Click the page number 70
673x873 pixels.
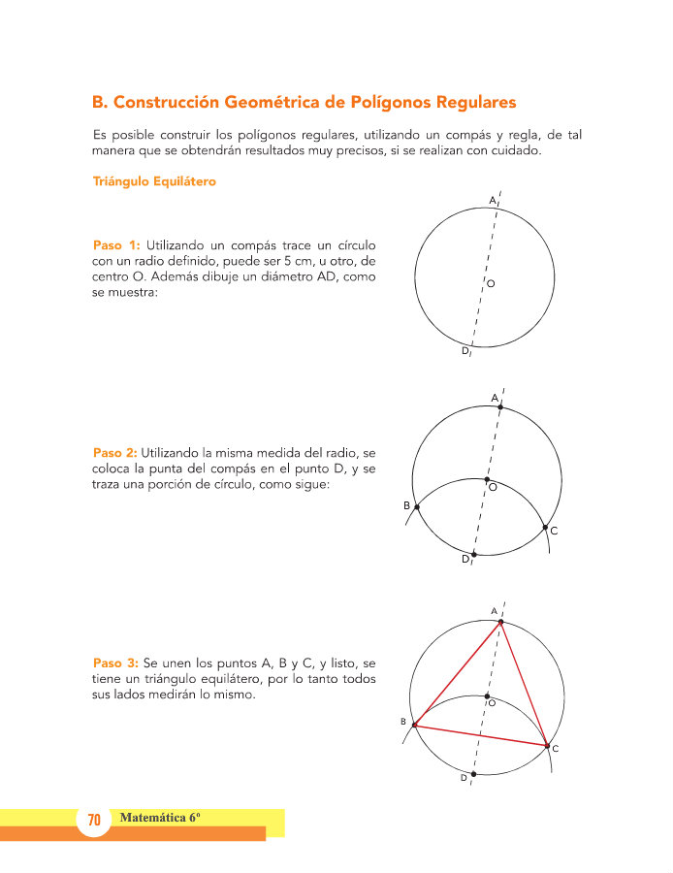(x=94, y=821)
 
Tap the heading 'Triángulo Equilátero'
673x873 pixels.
(x=154, y=181)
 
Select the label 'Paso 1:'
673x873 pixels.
(x=116, y=244)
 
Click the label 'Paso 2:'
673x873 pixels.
(x=116, y=452)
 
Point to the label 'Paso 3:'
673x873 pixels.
(x=116, y=663)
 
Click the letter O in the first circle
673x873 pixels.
(x=491, y=283)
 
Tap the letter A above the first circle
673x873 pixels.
(x=492, y=201)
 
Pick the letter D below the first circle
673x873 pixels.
(x=465, y=352)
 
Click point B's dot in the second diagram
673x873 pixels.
(x=417, y=507)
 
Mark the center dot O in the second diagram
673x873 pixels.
(x=486, y=479)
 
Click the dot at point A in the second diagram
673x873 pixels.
(x=499, y=407)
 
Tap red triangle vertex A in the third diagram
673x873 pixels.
(x=500, y=622)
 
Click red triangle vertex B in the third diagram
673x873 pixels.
(x=415, y=725)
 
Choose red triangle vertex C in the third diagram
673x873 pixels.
(x=547, y=745)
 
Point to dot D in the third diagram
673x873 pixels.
(x=473, y=774)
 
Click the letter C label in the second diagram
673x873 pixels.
(x=553, y=532)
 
